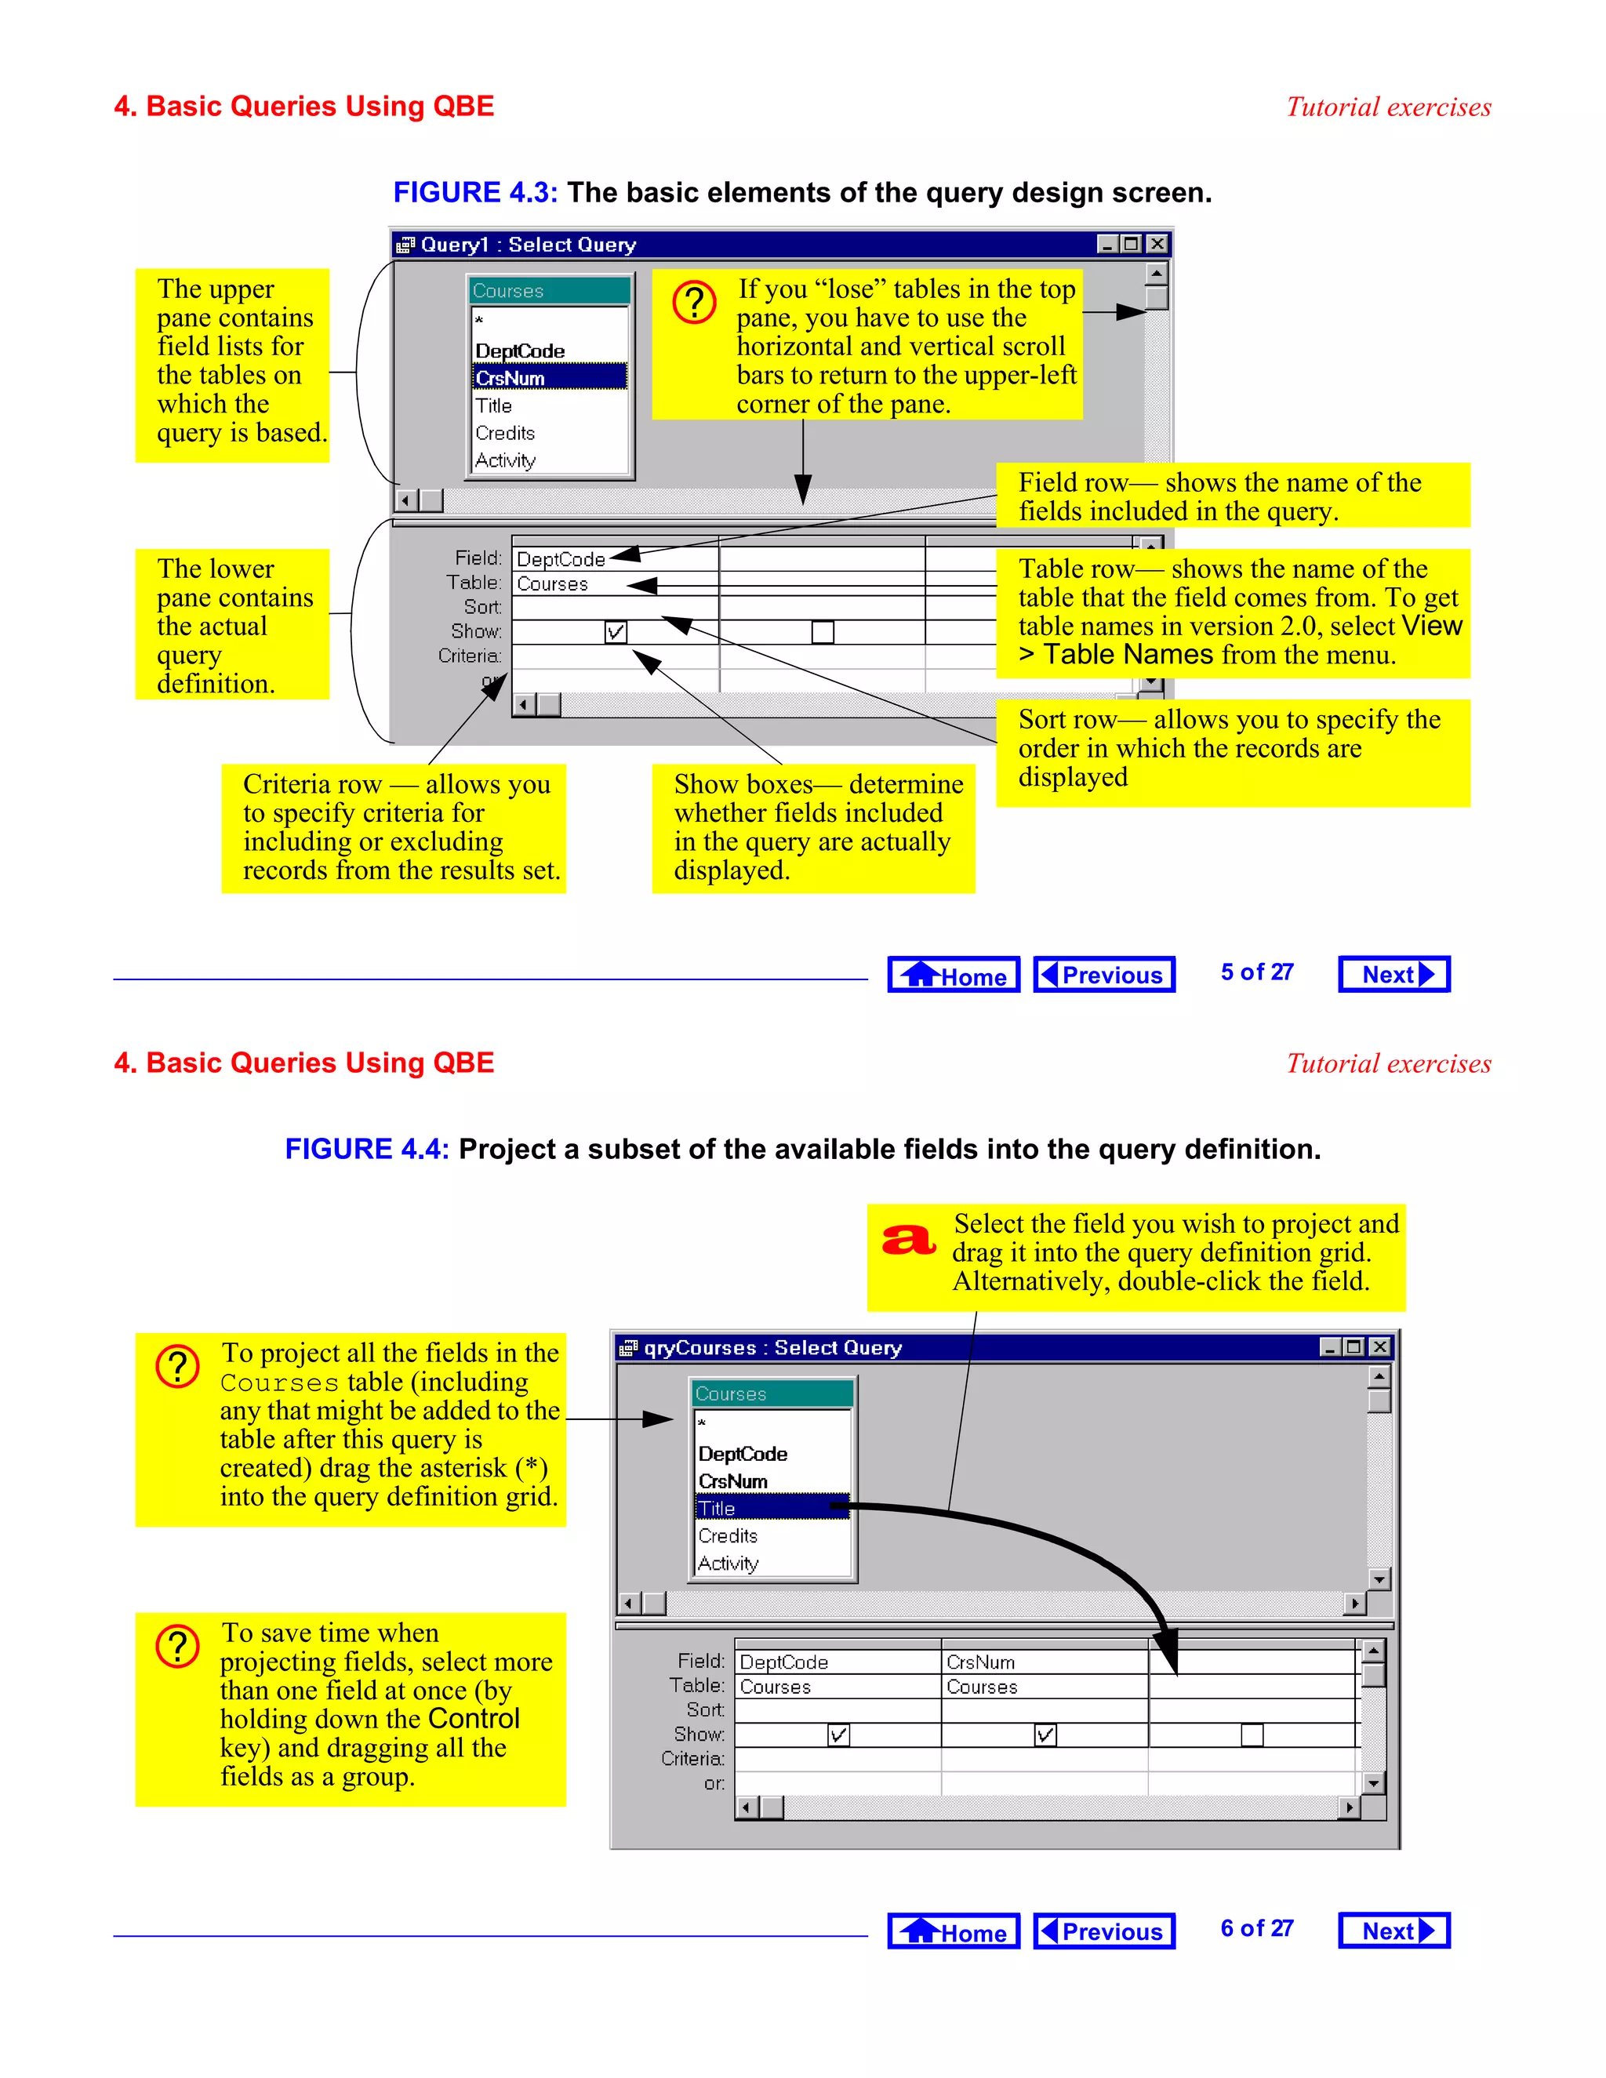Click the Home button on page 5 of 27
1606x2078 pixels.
[954, 975]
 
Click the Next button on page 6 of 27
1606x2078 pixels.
[1393, 1931]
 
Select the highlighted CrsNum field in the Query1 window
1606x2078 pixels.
[549, 378]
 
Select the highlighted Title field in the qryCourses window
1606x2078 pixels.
[771, 1508]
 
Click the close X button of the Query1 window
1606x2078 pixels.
[1157, 245]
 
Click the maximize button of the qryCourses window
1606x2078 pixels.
[1353, 1347]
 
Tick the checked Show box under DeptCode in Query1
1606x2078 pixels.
[616, 632]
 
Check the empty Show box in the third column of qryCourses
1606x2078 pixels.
[1252, 1735]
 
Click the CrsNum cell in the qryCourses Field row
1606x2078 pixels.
[1043, 1662]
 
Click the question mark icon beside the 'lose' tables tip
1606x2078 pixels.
[695, 303]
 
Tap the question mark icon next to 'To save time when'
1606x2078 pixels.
[178, 1647]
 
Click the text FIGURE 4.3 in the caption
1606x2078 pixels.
[474, 193]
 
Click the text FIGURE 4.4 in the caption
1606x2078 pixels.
[366, 1150]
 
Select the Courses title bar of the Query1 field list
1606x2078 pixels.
[549, 291]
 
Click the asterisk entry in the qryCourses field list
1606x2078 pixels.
[702, 1423]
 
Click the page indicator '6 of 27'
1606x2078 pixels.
[1257, 1929]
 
